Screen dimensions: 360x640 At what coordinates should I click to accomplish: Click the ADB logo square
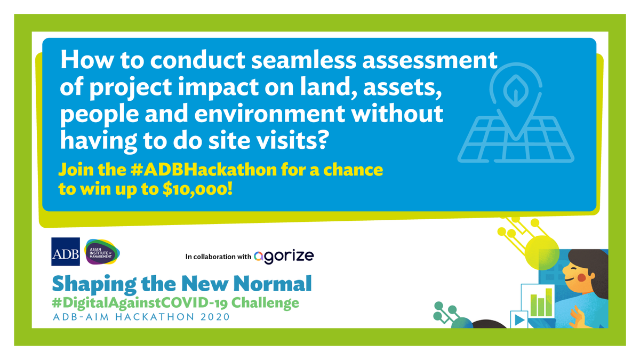[x=66, y=252]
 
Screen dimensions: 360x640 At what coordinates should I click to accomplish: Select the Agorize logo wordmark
[x=284, y=257]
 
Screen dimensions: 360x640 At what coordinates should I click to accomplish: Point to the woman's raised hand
[x=577, y=318]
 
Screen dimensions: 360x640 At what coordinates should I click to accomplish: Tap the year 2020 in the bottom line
[x=212, y=318]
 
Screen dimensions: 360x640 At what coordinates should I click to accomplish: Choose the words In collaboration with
[x=218, y=257]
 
